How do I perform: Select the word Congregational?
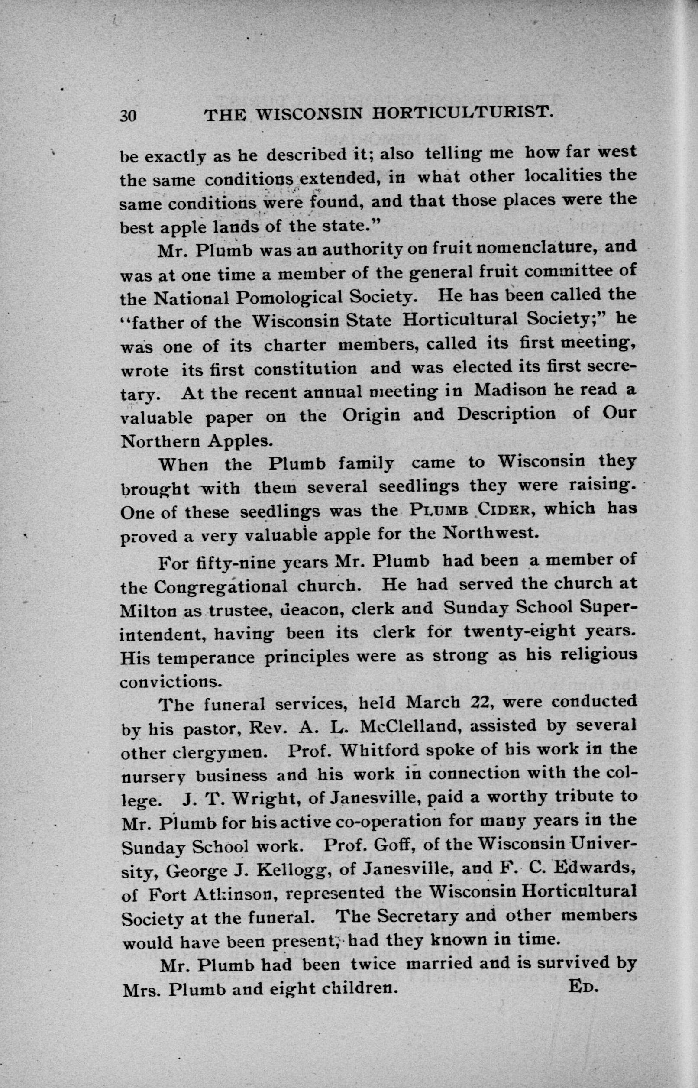tap(221, 587)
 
